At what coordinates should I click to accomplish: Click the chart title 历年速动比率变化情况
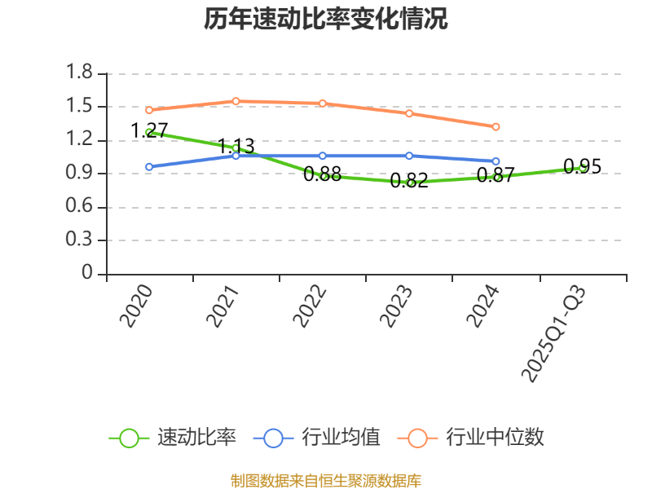(325, 19)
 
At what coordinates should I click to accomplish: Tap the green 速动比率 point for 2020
(149, 132)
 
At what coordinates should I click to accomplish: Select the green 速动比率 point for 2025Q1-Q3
(582, 168)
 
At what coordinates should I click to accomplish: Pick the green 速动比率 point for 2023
(409, 183)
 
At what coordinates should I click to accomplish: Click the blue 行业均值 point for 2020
(149, 166)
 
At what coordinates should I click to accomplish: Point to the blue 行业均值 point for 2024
(496, 161)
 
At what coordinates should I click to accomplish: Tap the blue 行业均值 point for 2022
(323, 156)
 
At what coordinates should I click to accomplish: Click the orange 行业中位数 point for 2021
(236, 101)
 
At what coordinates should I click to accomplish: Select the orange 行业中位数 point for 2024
(496, 126)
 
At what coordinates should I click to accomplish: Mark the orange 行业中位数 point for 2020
(149, 110)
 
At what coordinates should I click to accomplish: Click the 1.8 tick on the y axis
(81, 73)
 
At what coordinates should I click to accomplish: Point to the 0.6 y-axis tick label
(81, 207)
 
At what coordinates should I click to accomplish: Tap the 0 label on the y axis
(88, 274)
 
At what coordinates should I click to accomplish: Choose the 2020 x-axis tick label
(137, 306)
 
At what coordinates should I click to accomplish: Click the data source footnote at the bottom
(325, 480)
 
